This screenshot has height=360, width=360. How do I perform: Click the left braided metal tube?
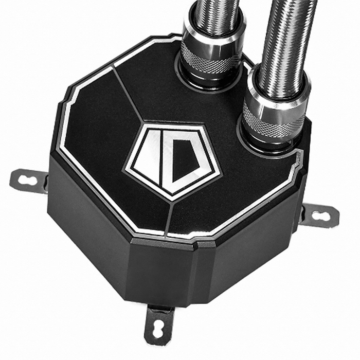tap(213, 15)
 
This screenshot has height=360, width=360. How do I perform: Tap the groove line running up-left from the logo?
tap(127, 95)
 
